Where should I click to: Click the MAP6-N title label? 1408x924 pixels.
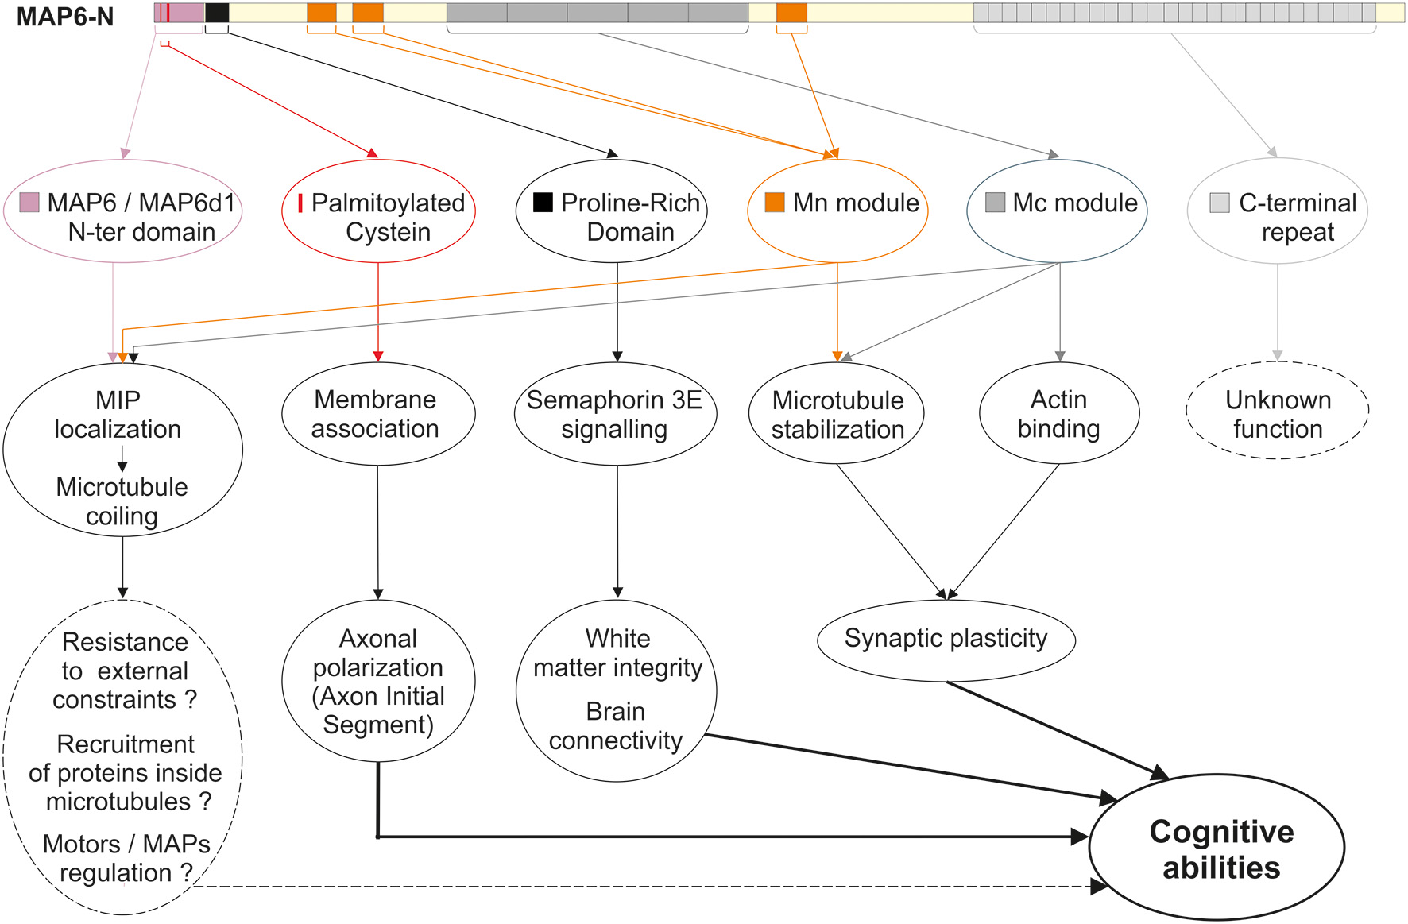tap(65, 16)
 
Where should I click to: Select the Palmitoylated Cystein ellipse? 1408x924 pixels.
tap(378, 212)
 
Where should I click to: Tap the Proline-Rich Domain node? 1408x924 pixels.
tap(612, 212)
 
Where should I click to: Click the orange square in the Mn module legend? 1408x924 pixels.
tap(774, 203)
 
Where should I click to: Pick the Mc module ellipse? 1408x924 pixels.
tap(1057, 212)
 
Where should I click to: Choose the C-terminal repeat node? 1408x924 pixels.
tap(1277, 212)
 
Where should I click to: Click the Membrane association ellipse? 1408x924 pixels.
tap(378, 414)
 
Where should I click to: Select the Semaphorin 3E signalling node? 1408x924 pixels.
tap(615, 414)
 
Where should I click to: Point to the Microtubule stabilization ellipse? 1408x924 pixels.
tap(837, 414)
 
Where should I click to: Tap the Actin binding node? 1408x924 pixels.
tap(1059, 414)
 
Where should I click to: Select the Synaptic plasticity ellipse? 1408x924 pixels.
tap(946, 640)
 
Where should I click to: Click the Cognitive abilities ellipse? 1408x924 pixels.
tap(1217, 849)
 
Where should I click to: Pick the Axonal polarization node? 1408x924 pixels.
tap(378, 681)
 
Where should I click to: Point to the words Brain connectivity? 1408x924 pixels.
tap(616, 726)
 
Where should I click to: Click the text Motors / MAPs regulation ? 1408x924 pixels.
tap(126, 858)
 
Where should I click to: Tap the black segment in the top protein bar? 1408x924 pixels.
tap(217, 13)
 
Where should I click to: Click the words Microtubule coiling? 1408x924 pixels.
tap(122, 501)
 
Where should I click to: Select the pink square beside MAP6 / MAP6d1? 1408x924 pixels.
tap(29, 202)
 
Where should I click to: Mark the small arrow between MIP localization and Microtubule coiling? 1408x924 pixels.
tap(122, 460)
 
